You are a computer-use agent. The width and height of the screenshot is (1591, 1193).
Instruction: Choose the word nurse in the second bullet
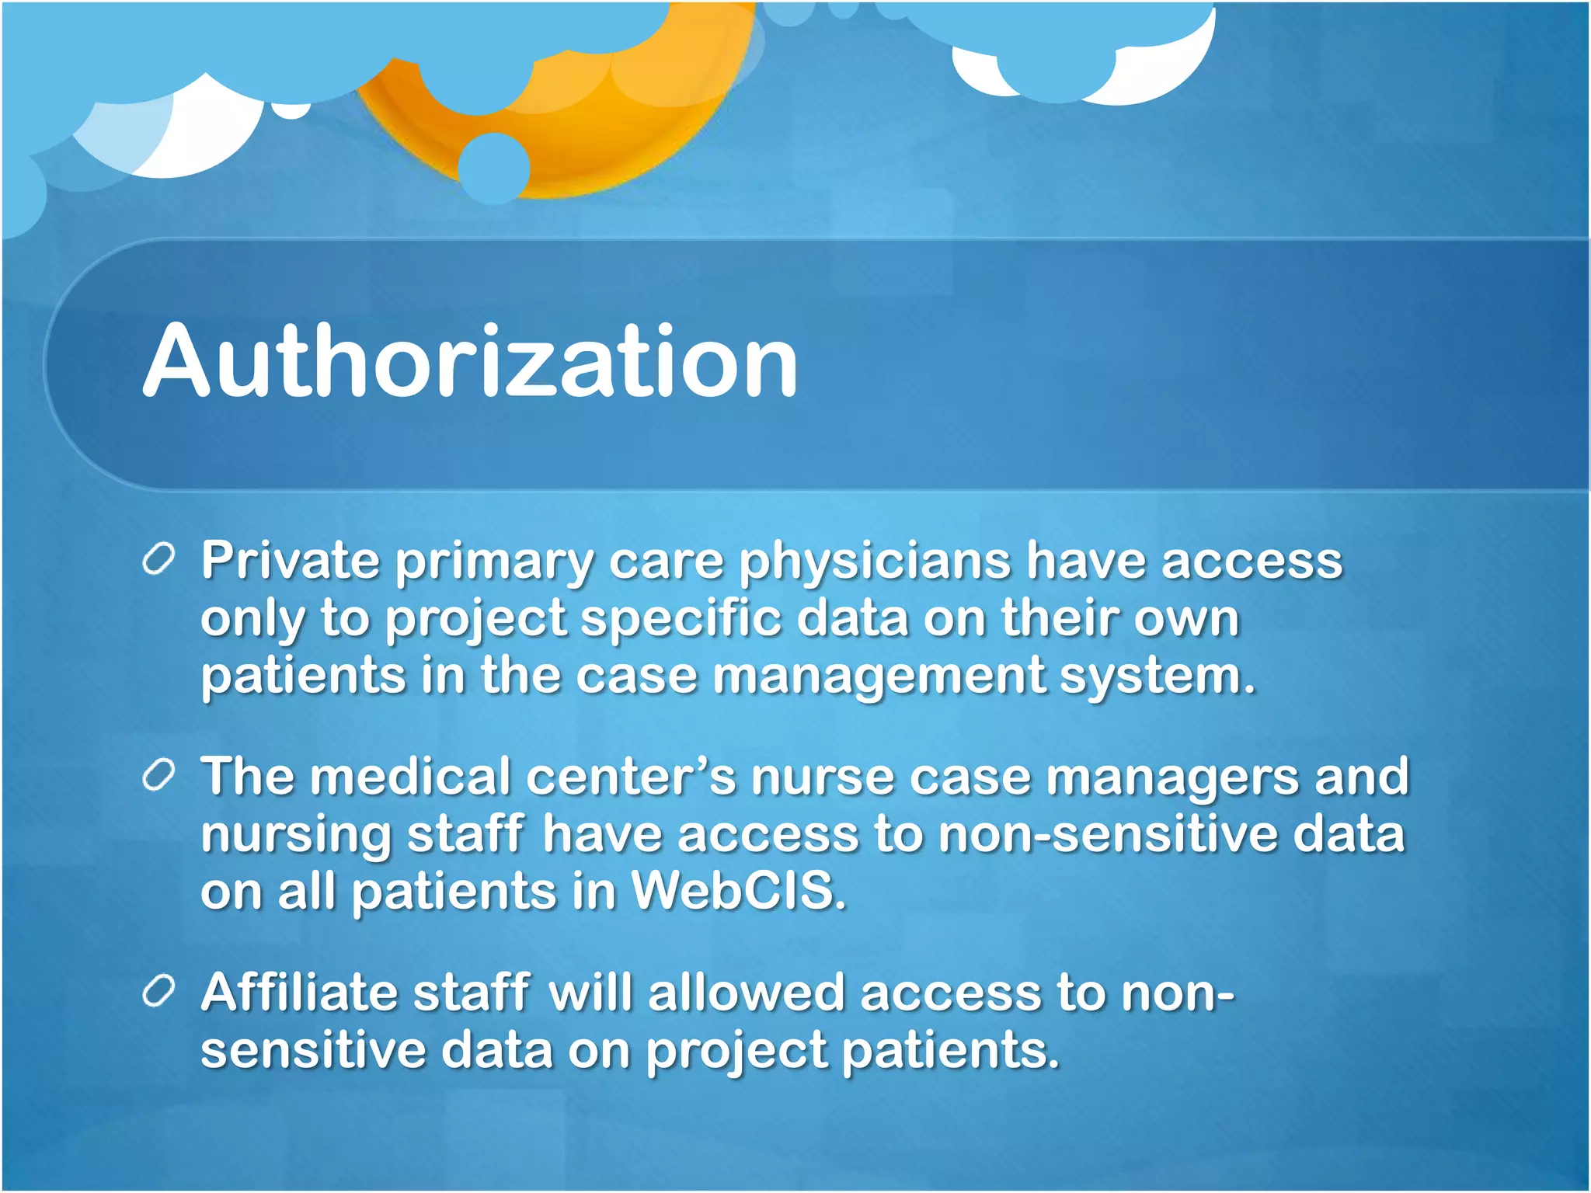pos(823,777)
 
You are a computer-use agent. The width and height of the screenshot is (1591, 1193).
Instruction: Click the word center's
pos(630,777)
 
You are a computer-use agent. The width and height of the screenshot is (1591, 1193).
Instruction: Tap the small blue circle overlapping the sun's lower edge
pos(494,168)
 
